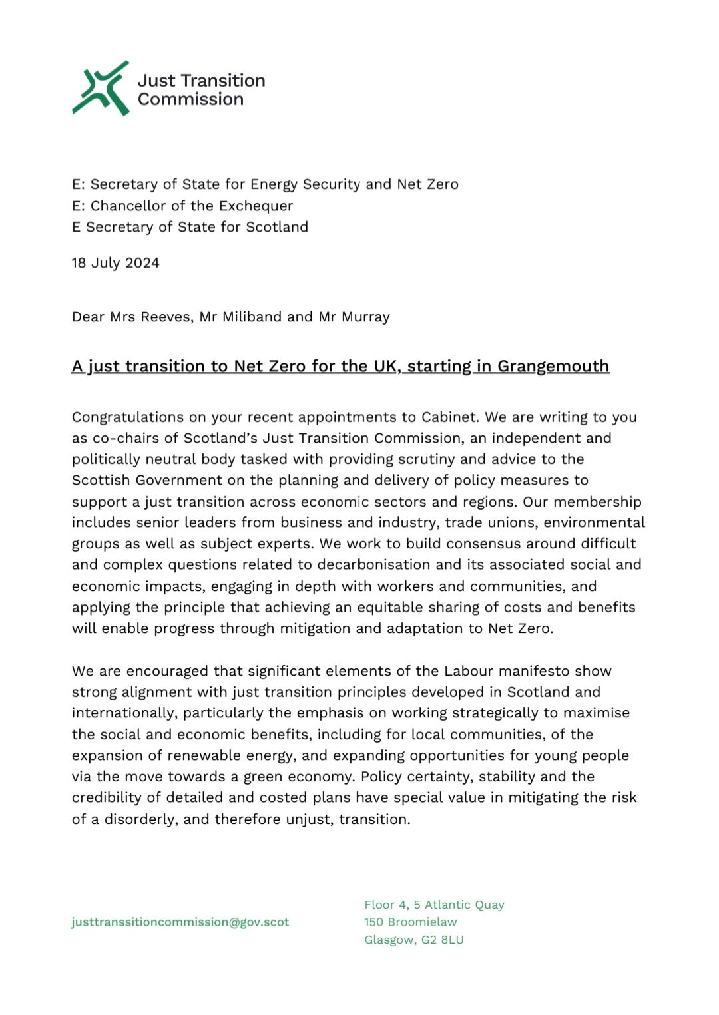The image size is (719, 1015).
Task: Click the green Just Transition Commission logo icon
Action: pyautogui.click(x=101, y=89)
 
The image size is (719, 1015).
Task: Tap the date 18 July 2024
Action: pyautogui.click(x=115, y=263)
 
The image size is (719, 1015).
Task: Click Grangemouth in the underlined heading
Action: pyautogui.click(x=553, y=367)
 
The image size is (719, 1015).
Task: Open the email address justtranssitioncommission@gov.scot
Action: pyautogui.click(x=180, y=922)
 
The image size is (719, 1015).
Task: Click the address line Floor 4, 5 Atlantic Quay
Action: pyautogui.click(x=434, y=905)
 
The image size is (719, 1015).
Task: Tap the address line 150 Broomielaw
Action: pyautogui.click(x=410, y=922)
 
